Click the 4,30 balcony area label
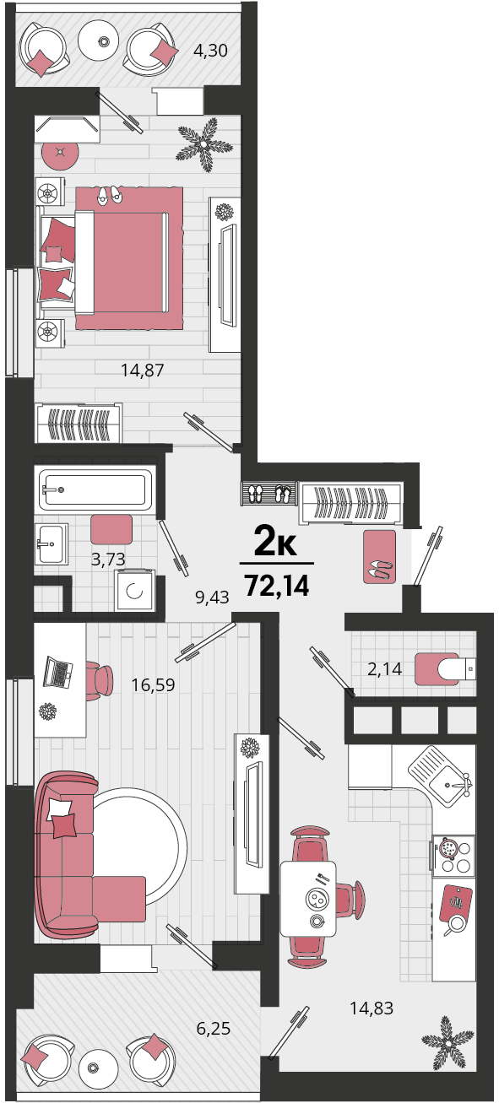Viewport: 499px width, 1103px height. pos(210,51)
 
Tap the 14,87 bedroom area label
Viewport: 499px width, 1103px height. pos(143,370)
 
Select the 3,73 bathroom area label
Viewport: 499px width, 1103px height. pos(108,559)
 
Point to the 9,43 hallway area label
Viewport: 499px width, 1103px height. pos(212,597)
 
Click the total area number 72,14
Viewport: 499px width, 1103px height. pos(277,586)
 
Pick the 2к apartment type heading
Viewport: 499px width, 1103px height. pos(275,543)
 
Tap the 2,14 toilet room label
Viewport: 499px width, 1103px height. pos(385,668)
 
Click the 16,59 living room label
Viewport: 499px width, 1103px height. pos(153,684)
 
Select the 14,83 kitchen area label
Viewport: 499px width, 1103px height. pos(372,1008)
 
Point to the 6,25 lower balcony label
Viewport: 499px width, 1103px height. pos(214,1028)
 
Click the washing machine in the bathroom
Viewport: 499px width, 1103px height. pos(134,591)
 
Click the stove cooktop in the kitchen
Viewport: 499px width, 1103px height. pos(453,856)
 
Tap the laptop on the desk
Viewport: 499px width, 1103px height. pos(58,672)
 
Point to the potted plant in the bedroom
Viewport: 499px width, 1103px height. pos(203,144)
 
